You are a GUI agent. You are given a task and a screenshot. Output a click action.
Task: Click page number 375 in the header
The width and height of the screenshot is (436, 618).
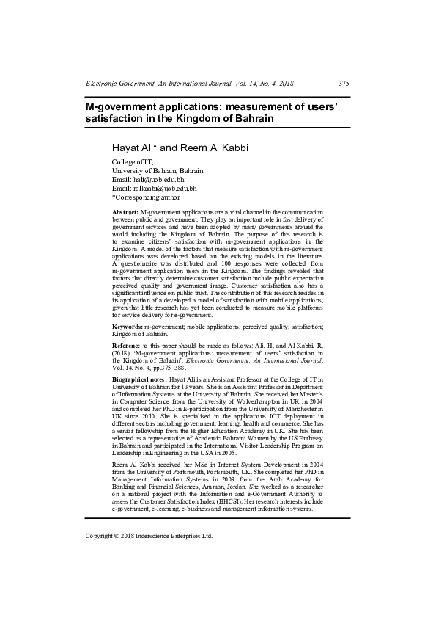(x=344, y=84)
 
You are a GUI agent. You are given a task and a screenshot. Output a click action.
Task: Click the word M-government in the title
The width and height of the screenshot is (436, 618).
(x=121, y=106)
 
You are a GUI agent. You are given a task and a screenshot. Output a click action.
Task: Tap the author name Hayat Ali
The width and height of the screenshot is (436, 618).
(x=134, y=148)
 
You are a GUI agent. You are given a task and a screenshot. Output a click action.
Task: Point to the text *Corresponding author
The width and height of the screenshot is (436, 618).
(x=145, y=197)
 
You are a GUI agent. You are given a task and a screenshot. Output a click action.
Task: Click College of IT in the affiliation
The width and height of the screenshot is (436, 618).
(x=133, y=161)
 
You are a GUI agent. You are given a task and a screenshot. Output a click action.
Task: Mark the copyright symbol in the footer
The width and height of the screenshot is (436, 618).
(x=121, y=536)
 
